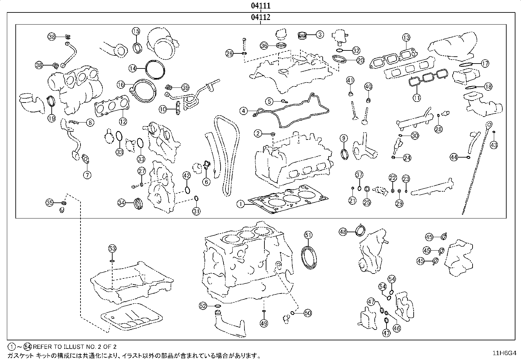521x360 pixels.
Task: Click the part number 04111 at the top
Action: click(260, 6)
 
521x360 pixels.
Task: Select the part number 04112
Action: click(260, 17)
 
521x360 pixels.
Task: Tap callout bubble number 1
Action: click(241, 204)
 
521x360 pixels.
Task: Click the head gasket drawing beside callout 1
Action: click(288, 199)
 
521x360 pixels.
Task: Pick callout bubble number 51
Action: click(308, 235)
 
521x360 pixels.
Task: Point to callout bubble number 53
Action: click(112, 248)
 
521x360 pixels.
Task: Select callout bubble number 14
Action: click(133, 68)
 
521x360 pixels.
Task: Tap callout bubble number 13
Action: click(406, 37)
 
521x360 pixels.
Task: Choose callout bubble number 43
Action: click(494, 145)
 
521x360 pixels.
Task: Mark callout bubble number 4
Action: click(243, 111)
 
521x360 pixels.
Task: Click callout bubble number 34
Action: click(121, 203)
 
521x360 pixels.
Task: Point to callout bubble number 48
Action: click(343, 232)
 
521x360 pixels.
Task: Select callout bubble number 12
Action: click(123, 121)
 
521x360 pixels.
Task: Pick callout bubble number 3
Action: click(320, 35)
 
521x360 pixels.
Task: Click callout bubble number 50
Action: click(308, 313)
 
